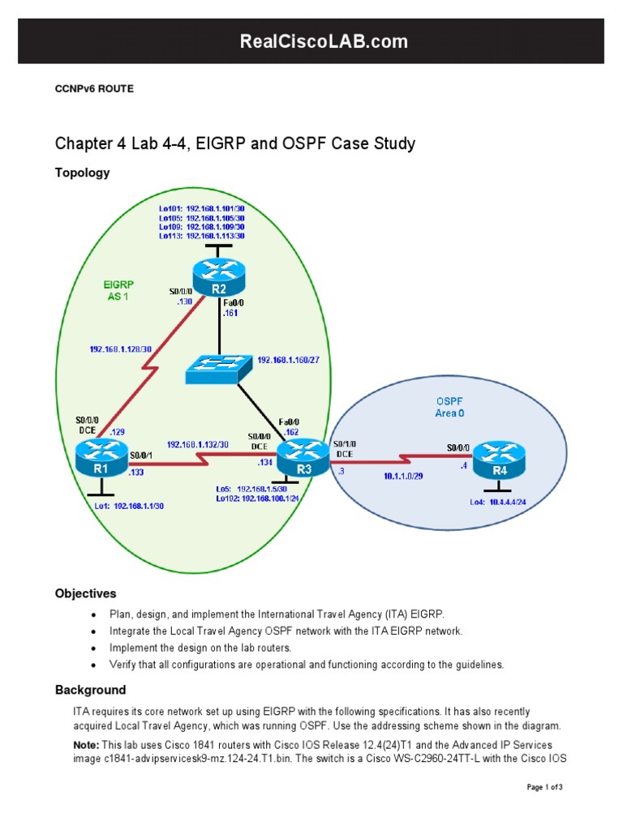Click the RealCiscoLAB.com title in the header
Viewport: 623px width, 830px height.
pyautogui.click(x=311, y=41)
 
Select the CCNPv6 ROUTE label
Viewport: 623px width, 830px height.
pyautogui.click(x=93, y=89)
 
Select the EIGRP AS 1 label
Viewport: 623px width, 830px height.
pyautogui.click(x=118, y=290)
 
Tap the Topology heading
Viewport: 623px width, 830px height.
pyautogui.click(x=82, y=173)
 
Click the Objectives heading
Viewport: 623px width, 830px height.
pyautogui.click(x=85, y=593)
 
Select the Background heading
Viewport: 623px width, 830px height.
pyautogui.click(x=90, y=690)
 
